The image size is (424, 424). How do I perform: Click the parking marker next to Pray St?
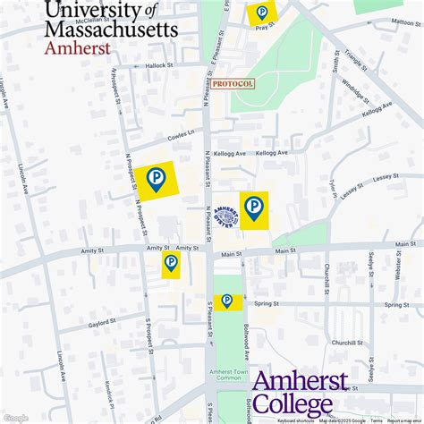[x=262, y=13]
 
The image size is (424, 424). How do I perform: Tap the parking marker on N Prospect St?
[x=157, y=179]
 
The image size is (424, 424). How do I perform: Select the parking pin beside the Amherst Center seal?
[x=254, y=208]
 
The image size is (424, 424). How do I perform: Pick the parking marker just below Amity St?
[x=171, y=263]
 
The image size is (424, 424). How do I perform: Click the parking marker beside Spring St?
[x=227, y=301]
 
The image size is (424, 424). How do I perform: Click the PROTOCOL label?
[x=233, y=83]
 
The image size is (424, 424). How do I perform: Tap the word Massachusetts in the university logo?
[x=111, y=29]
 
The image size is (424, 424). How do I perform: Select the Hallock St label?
[x=157, y=65]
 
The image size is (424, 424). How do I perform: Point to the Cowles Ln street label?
[x=181, y=138]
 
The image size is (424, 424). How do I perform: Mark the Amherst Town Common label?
[x=230, y=374]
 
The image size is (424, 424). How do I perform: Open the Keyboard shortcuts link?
[x=295, y=420]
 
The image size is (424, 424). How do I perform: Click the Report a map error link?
[x=405, y=420]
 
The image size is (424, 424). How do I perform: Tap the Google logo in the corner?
[x=15, y=418]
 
